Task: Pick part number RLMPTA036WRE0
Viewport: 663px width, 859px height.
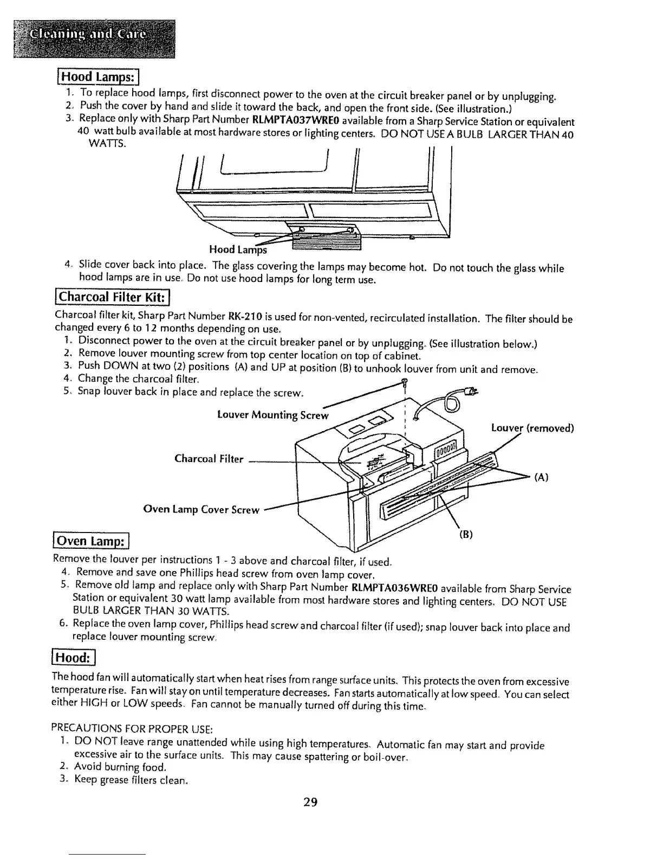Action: tap(394, 589)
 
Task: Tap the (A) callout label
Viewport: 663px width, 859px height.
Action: tap(541, 477)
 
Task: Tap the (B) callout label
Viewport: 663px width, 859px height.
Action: tap(466, 535)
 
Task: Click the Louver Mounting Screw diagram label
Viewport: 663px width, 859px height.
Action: tap(272, 415)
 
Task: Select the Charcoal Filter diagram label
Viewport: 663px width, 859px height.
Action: tap(209, 459)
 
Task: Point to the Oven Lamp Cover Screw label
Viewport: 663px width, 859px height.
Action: tap(201, 510)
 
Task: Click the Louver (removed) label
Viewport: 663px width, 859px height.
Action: tap(532, 428)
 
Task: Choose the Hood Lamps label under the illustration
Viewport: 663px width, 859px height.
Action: tap(238, 250)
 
